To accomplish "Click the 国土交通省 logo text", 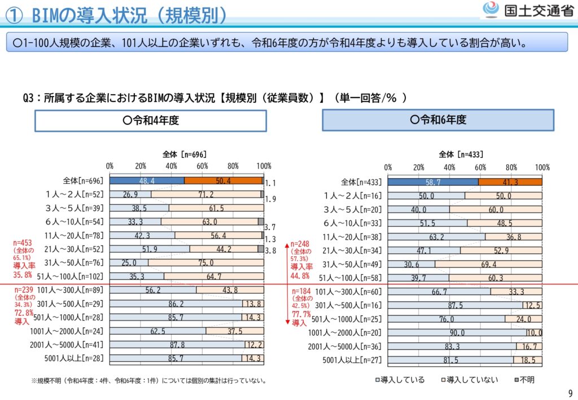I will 538,10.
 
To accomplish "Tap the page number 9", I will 569,393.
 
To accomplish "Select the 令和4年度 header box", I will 150,120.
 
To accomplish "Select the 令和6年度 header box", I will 438,120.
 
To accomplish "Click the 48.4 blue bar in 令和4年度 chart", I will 147,181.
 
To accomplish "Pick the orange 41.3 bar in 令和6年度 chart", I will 510,182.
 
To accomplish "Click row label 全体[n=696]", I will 83,181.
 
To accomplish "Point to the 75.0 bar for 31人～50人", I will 205,262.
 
